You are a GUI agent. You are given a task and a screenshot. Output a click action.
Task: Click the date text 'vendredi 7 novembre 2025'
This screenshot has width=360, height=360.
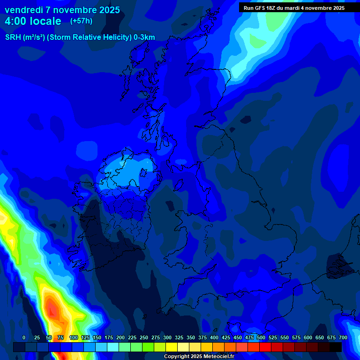point(62,10)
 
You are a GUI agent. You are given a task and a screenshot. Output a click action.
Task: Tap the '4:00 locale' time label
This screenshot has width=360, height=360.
point(33,21)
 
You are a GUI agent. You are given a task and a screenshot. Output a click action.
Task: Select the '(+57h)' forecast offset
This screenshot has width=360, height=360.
point(81,21)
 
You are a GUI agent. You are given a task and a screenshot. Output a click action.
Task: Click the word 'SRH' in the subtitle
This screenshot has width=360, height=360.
point(13,37)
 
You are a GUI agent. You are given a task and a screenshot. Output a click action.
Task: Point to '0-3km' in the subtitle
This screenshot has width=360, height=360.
point(144,37)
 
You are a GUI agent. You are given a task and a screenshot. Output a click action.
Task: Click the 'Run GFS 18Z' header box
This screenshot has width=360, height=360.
point(294,8)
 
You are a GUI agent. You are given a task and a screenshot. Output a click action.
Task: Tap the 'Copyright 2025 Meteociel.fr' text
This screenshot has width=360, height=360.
point(199,356)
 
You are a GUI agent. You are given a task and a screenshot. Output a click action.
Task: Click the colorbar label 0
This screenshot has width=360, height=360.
point(24,337)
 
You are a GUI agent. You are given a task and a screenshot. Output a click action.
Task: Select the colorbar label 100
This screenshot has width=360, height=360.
point(74,337)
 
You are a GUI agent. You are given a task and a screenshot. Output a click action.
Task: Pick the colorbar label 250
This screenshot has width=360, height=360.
point(144,337)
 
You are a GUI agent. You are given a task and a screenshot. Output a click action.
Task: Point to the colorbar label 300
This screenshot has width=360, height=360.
point(167,337)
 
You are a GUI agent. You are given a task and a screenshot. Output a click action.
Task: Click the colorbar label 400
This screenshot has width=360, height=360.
point(214,337)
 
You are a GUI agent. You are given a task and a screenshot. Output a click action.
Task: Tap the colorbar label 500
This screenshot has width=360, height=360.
point(261,337)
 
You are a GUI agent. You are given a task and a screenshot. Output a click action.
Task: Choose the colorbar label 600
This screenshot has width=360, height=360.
point(308,337)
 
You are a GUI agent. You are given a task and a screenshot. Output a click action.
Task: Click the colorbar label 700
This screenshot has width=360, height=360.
point(343,337)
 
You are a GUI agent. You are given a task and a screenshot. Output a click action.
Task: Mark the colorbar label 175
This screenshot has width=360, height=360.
point(109,337)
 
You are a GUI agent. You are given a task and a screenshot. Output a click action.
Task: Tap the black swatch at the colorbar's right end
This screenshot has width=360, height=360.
point(336,347)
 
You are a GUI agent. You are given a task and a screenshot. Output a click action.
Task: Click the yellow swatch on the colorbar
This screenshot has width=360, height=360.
point(172,347)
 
